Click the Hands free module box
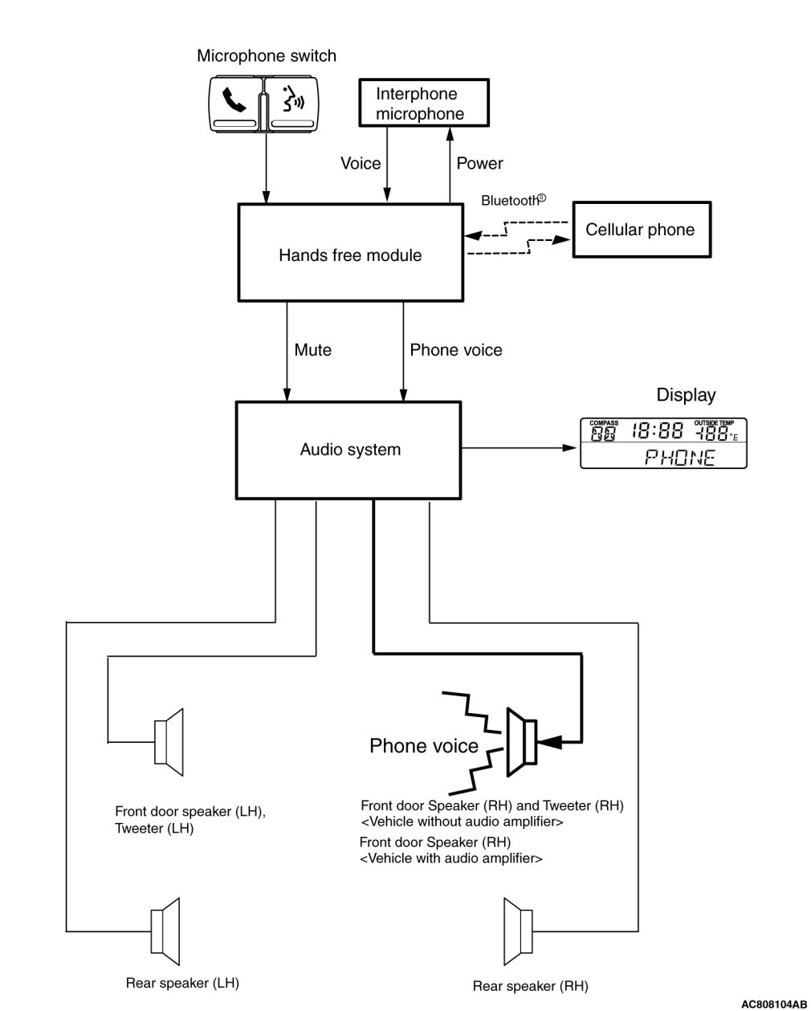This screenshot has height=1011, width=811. (x=350, y=252)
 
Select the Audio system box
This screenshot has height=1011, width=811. (x=350, y=449)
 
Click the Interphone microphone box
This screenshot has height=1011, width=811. (x=422, y=104)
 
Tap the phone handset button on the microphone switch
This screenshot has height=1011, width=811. (x=234, y=102)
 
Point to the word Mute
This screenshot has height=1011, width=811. (x=312, y=350)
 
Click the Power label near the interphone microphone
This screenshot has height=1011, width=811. (x=479, y=164)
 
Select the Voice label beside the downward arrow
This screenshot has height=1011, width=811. (x=361, y=164)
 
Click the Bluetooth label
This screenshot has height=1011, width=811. (x=512, y=201)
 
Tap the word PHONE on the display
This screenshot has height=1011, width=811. (x=681, y=458)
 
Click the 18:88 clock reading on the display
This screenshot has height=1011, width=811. (x=657, y=432)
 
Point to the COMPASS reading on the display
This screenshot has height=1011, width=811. (x=604, y=433)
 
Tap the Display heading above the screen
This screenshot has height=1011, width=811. (x=686, y=395)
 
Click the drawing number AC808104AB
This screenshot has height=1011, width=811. (x=774, y=1004)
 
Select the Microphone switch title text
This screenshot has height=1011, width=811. (x=267, y=56)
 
